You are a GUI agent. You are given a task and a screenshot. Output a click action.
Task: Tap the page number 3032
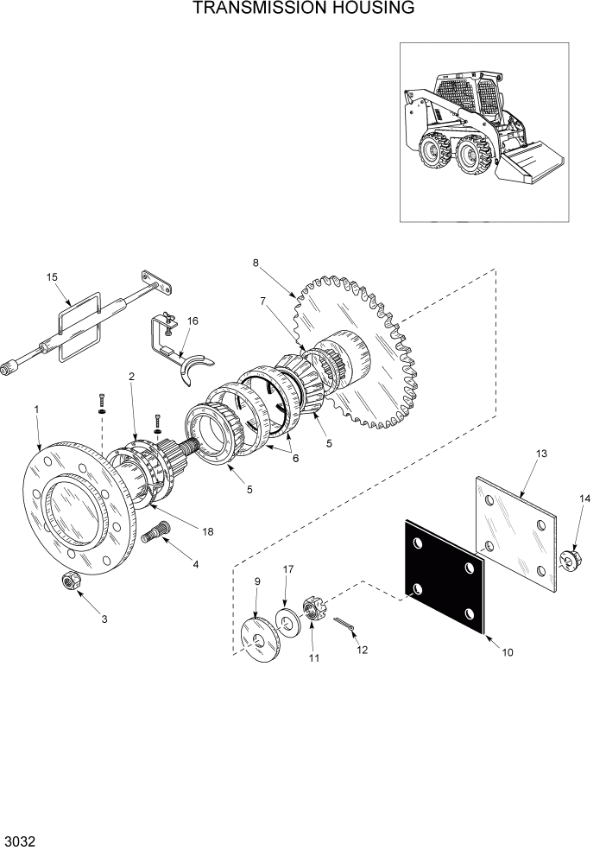pyautogui.click(x=19, y=841)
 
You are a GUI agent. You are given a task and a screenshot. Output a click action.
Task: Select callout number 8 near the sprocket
pyautogui.click(x=256, y=263)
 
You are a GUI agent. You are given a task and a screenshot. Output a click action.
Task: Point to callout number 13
pyautogui.click(x=542, y=454)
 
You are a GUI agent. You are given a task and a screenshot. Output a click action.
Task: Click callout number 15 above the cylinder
pyautogui.click(x=52, y=277)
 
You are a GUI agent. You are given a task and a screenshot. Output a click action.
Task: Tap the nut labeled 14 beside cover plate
pyautogui.click(x=571, y=560)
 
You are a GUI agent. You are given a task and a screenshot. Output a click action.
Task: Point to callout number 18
pyautogui.click(x=207, y=531)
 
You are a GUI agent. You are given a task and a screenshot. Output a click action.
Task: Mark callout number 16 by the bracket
pyautogui.click(x=193, y=321)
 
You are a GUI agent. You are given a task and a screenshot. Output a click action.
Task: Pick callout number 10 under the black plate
pyautogui.click(x=508, y=652)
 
